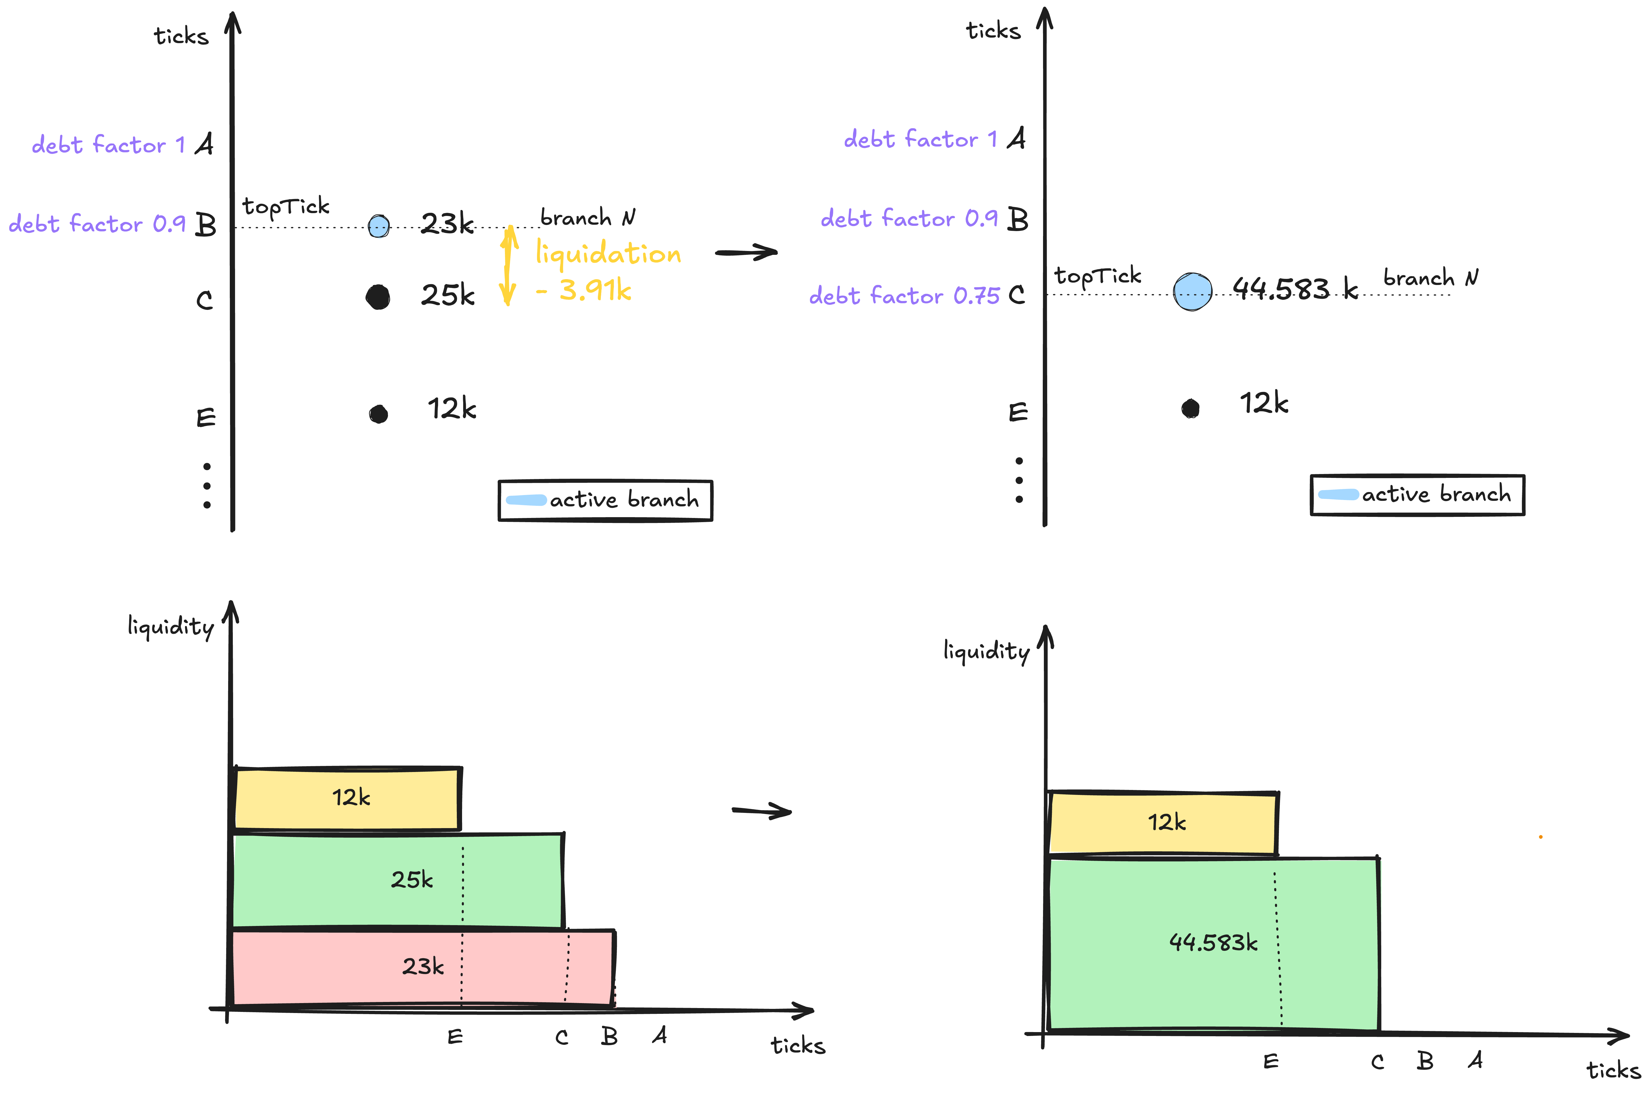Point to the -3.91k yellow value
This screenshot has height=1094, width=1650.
pos(584,290)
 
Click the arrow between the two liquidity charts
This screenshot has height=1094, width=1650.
pos(762,811)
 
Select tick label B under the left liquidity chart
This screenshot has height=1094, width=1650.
pos(609,1036)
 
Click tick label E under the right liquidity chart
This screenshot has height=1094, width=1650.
pos(1271,1061)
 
